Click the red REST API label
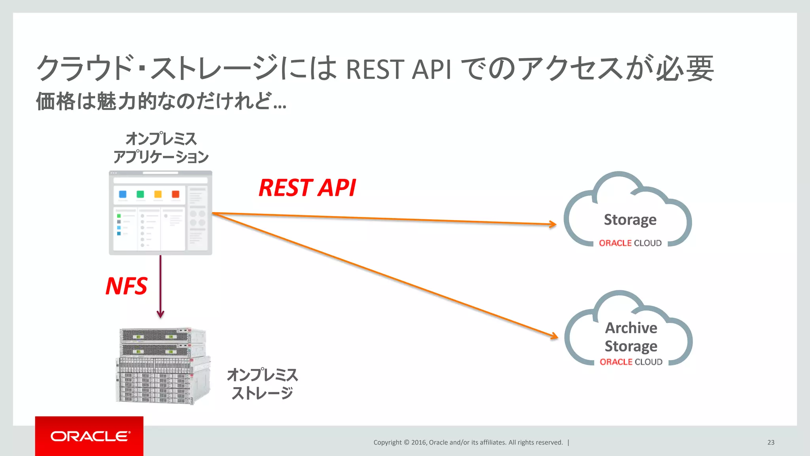click(x=307, y=188)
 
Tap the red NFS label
click(x=126, y=286)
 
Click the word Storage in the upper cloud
click(x=630, y=220)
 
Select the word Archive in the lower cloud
click(x=631, y=328)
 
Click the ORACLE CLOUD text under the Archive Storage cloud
click(x=631, y=362)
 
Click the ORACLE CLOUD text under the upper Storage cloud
click(x=630, y=243)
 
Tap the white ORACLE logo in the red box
click(x=90, y=436)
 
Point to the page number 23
click(x=771, y=443)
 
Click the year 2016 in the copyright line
click(x=418, y=443)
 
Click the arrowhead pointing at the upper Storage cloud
click(x=553, y=224)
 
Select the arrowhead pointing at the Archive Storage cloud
click(x=555, y=336)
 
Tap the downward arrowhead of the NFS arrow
click(x=160, y=314)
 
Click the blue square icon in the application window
click(x=123, y=194)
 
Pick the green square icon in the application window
click(x=140, y=194)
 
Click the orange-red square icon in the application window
click(x=176, y=194)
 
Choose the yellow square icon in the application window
click(x=158, y=194)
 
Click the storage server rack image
click(x=162, y=366)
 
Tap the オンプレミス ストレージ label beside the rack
click(x=262, y=384)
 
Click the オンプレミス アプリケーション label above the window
click(x=161, y=148)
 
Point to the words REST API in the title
click(x=398, y=69)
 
